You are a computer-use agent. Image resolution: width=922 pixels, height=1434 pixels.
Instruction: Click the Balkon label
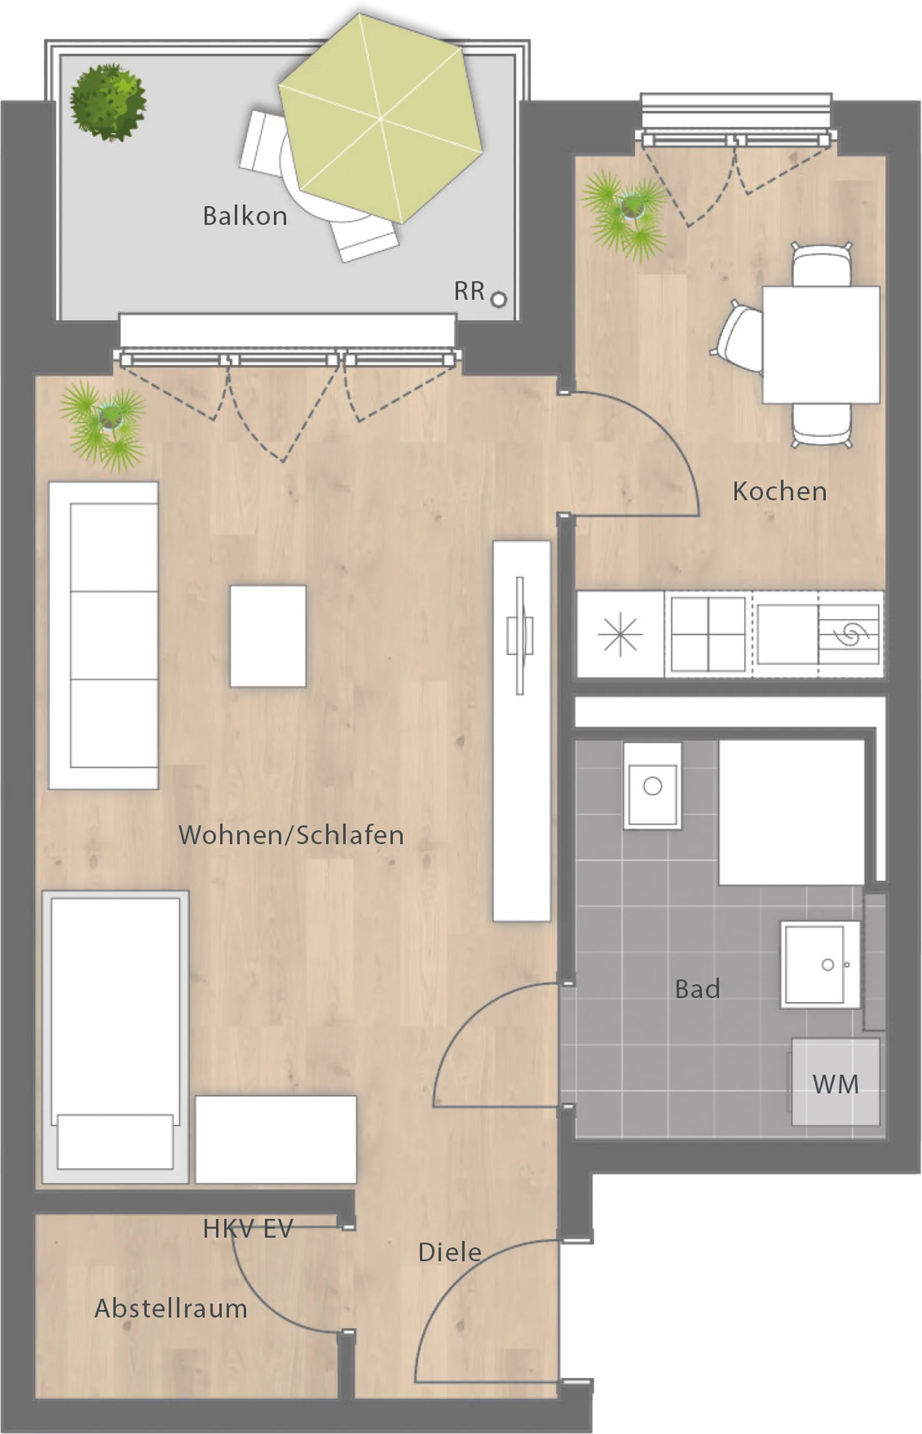245,216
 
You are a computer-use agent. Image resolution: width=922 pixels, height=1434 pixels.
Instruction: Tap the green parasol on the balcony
381,118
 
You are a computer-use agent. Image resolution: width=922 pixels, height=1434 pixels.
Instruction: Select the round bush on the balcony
108,102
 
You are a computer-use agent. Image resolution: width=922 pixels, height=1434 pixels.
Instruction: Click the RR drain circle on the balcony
498,299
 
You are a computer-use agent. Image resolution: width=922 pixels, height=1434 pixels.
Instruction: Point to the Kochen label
780,492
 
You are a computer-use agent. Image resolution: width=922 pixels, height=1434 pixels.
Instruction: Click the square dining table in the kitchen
821,345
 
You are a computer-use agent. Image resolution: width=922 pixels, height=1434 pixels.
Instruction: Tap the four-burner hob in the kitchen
707,634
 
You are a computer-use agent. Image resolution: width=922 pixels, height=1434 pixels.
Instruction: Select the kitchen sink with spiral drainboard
818,634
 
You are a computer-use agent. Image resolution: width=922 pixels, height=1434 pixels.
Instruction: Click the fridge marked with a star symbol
620,634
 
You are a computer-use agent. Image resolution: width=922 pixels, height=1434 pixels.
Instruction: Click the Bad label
697,989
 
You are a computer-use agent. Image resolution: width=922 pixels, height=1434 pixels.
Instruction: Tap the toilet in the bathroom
652,786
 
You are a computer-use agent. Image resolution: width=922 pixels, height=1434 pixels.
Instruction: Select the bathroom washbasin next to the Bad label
820,964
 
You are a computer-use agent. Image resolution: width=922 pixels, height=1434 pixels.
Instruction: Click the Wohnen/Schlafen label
291,836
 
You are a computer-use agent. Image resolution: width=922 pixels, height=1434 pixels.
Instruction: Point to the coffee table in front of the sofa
267,636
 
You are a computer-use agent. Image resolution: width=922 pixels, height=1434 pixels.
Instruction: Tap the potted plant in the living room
103,425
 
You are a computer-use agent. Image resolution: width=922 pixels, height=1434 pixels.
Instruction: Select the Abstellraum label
170,1309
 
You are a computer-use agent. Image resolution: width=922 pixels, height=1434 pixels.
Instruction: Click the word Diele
450,1253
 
